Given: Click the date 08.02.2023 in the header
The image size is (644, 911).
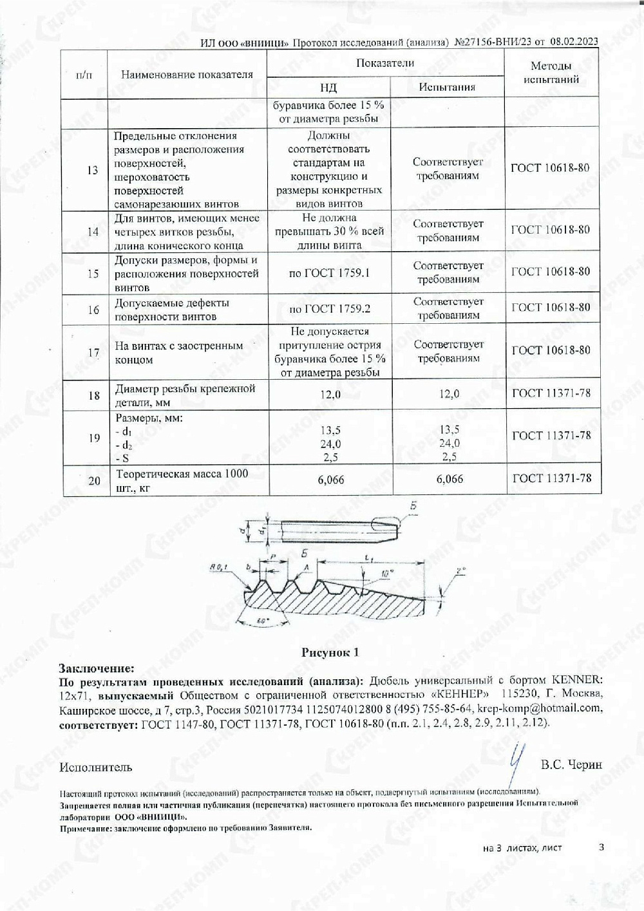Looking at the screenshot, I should tap(574, 42).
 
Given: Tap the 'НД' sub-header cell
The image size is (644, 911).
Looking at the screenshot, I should tap(328, 88).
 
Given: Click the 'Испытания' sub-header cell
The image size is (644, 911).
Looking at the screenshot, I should tap(447, 87).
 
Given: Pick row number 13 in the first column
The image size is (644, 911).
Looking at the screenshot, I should tap(92, 170).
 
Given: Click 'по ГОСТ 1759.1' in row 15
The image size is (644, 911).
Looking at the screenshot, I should tap(329, 273).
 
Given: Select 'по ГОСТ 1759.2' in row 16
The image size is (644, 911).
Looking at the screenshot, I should tap(330, 309).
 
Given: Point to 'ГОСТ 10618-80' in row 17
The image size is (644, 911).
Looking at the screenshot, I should tap(551, 350).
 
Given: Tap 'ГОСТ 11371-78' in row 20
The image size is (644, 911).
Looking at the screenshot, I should tap(551, 478).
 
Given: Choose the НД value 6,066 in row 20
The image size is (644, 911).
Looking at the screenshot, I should tap(331, 480).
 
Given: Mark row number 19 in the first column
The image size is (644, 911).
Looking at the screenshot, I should tap(94, 438).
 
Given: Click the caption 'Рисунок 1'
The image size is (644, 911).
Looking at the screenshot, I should tap(330, 652).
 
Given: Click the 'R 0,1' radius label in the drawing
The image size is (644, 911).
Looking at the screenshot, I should tap(219, 567).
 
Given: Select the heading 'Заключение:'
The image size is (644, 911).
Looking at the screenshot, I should tap(97, 668).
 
